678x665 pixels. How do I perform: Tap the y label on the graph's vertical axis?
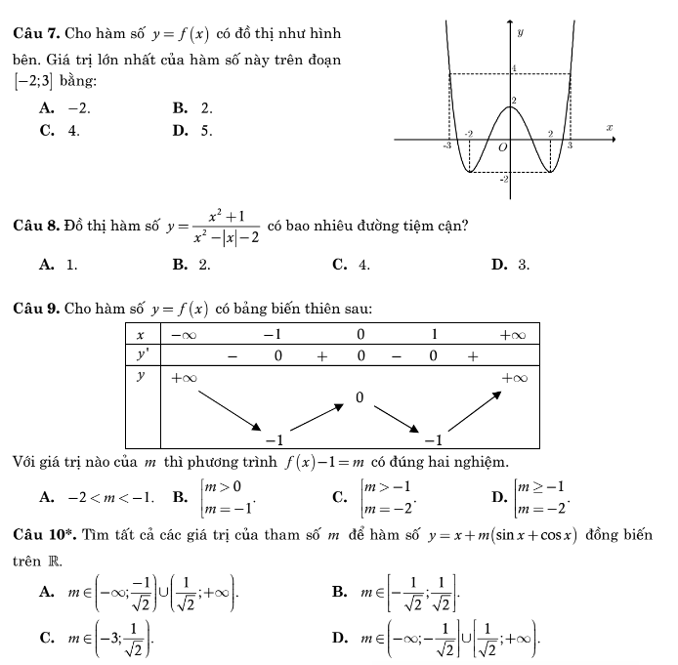tap(520, 32)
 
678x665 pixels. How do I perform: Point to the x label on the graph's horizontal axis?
tap(608, 127)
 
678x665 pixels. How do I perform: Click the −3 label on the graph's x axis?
tap(448, 145)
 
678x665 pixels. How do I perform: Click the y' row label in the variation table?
tap(143, 355)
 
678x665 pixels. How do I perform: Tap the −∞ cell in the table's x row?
tap(182, 335)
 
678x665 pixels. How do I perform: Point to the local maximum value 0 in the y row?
tap(360, 397)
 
